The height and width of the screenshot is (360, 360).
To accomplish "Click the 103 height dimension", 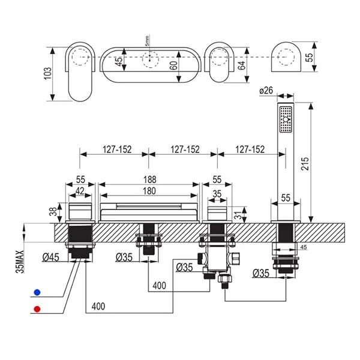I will (x=49, y=72).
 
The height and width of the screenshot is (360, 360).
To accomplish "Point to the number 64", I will (x=242, y=64).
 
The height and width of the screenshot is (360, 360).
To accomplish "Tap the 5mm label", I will (x=146, y=41).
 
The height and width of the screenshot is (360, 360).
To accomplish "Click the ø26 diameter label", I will (x=266, y=91).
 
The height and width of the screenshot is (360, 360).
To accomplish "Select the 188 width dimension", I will (x=149, y=179).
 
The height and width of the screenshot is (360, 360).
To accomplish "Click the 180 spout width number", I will (x=149, y=191).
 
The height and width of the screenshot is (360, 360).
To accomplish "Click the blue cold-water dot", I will (x=38, y=292).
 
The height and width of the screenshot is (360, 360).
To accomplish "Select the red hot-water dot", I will (x=38, y=310).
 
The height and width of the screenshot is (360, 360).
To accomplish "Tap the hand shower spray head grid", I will (x=285, y=120).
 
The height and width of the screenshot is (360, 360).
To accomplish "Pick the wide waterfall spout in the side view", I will (x=149, y=212).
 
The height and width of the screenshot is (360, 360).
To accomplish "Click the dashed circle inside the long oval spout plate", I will (x=148, y=59).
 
